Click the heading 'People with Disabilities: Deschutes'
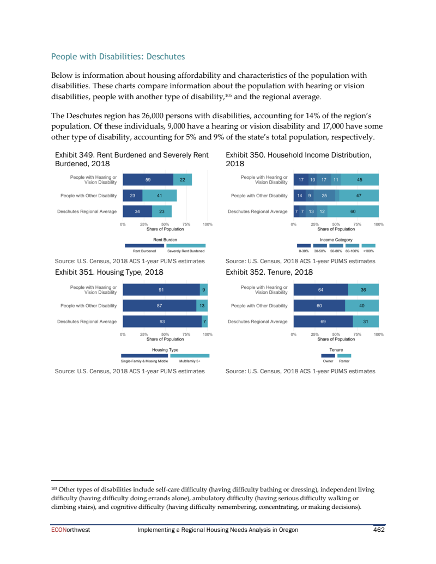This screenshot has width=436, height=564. click(x=118, y=57)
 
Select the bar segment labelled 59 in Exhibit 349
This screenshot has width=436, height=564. click(x=148, y=179)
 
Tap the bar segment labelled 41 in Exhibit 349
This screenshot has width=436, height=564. click(x=159, y=195)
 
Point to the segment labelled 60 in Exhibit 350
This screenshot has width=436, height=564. click(x=353, y=211)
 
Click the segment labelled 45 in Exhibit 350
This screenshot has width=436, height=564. click(x=359, y=179)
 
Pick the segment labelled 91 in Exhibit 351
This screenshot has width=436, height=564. click(x=161, y=290)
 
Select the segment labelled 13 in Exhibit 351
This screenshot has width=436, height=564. click(x=201, y=306)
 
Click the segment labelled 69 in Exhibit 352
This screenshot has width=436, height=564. click(x=323, y=322)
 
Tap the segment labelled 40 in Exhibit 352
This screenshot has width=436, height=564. click(x=362, y=306)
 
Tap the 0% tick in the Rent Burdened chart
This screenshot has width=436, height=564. click(x=123, y=224)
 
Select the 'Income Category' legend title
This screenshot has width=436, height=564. click(x=336, y=240)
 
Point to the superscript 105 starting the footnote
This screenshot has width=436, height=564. click(x=53, y=488)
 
